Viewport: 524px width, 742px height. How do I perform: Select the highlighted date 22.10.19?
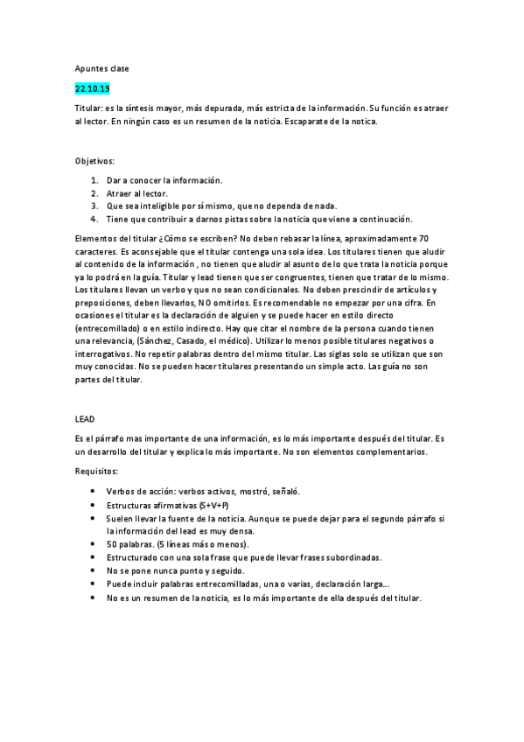click(x=92, y=88)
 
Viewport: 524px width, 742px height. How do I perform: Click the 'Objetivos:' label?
click(x=95, y=161)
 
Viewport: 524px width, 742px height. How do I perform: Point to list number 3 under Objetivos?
click(x=94, y=206)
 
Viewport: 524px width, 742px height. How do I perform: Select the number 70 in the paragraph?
click(x=423, y=239)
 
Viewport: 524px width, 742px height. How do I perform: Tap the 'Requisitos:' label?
click(x=98, y=471)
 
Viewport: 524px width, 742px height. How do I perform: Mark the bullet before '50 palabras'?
click(x=94, y=543)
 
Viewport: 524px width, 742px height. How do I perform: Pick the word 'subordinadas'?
click(x=346, y=556)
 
